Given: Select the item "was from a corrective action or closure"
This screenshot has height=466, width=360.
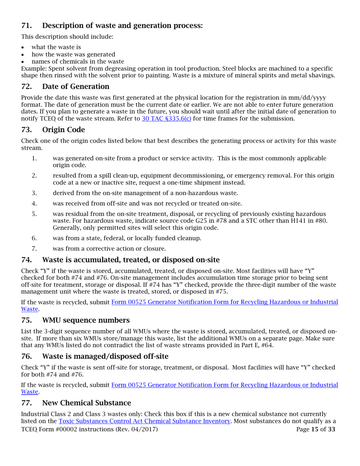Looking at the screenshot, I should click(109, 248).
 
